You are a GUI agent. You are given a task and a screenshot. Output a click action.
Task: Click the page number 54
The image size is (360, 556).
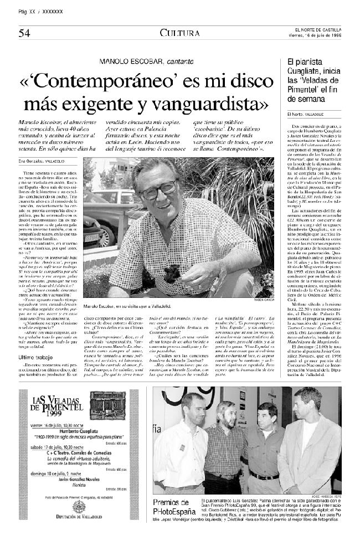coord(23,33)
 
